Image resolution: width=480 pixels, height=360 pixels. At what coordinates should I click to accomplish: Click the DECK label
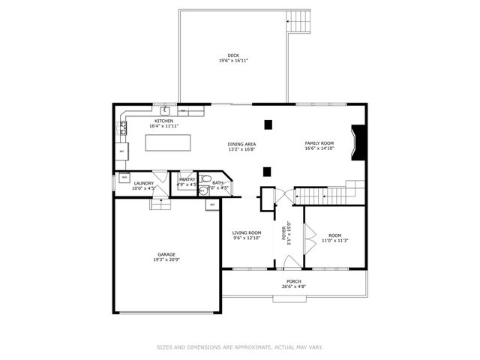[x=233, y=55]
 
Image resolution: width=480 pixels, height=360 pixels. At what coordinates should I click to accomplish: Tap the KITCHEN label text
[x=163, y=121]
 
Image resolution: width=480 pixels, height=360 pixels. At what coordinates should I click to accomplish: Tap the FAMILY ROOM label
[x=319, y=142]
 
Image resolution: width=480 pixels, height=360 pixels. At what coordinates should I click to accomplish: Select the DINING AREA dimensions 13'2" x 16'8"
[x=241, y=149]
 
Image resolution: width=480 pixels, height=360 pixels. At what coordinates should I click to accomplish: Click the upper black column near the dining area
[x=267, y=124]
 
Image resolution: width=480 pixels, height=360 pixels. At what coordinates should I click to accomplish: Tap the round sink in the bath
[x=202, y=190]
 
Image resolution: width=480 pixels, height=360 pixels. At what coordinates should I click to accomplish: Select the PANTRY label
[x=187, y=180]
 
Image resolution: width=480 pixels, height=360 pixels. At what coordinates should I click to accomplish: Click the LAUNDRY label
[x=143, y=183]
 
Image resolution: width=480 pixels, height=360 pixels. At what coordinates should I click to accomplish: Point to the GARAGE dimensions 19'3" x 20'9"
[x=166, y=260]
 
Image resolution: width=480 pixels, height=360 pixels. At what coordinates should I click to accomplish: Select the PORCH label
[x=293, y=281]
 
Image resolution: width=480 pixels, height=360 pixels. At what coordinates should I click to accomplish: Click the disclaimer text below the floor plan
[x=239, y=347]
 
